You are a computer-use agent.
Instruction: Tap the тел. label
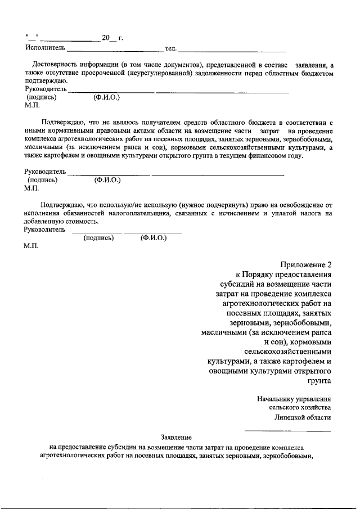pos(171,49)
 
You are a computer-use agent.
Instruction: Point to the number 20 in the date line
pos(106,38)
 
